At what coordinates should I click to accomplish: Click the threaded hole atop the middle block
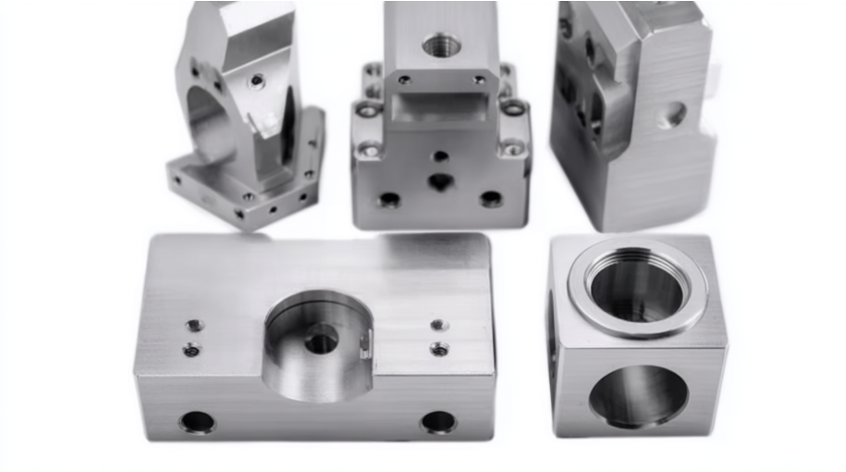441,43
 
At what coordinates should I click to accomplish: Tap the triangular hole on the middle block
440,182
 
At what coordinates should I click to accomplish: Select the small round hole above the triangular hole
441,156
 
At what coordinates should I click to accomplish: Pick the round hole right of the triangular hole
491,198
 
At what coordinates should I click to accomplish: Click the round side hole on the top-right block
676,114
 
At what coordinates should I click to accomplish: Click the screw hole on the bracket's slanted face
257,81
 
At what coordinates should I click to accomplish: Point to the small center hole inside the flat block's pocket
321,343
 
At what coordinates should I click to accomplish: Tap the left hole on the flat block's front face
197,422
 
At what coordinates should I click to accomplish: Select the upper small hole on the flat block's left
193,326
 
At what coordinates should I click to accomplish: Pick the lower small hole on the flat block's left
191,349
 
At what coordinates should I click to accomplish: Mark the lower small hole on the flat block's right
440,349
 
